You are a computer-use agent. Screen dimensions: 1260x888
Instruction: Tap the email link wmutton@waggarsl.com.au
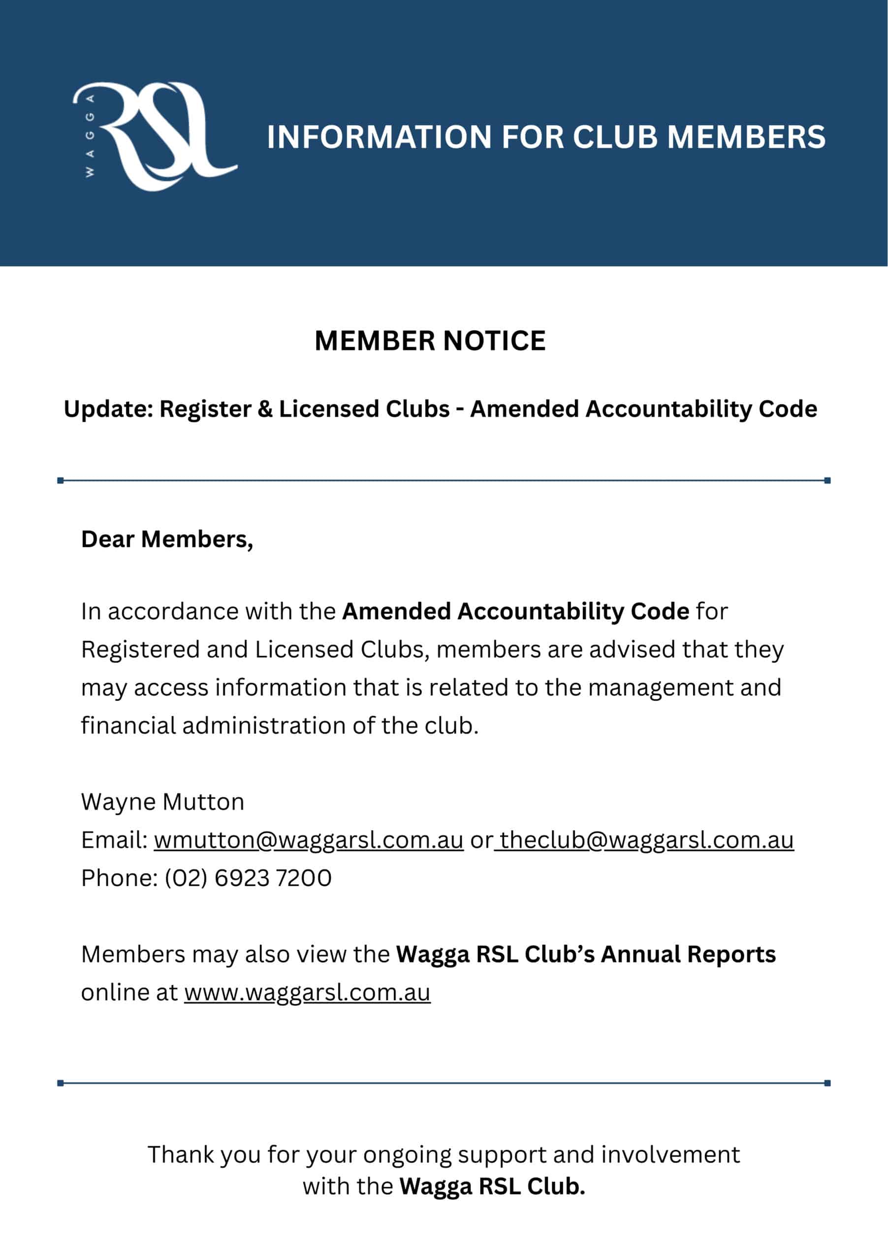(x=309, y=840)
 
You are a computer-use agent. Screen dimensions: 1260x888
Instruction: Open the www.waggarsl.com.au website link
(x=307, y=992)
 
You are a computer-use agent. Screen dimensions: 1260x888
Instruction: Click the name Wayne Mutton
(x=162, y=802)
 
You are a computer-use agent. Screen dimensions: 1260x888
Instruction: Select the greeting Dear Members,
(x=167, y=539)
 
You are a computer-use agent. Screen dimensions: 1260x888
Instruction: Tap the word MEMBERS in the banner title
(x=746, y=137)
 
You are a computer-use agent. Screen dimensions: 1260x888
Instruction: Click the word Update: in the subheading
(x=108, y=409)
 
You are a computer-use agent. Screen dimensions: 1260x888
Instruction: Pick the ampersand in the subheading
(x=264, y=409)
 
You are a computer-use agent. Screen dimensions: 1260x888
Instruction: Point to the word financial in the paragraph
(x=128, y=726)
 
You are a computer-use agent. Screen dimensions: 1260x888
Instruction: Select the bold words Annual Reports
(x=688, y=954)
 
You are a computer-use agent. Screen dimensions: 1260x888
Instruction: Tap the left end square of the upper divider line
(x=61, y=481)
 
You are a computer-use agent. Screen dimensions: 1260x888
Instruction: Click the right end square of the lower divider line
(x=827, y=1083)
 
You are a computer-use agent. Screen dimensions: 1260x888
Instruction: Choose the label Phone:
(x=119, y=878)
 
